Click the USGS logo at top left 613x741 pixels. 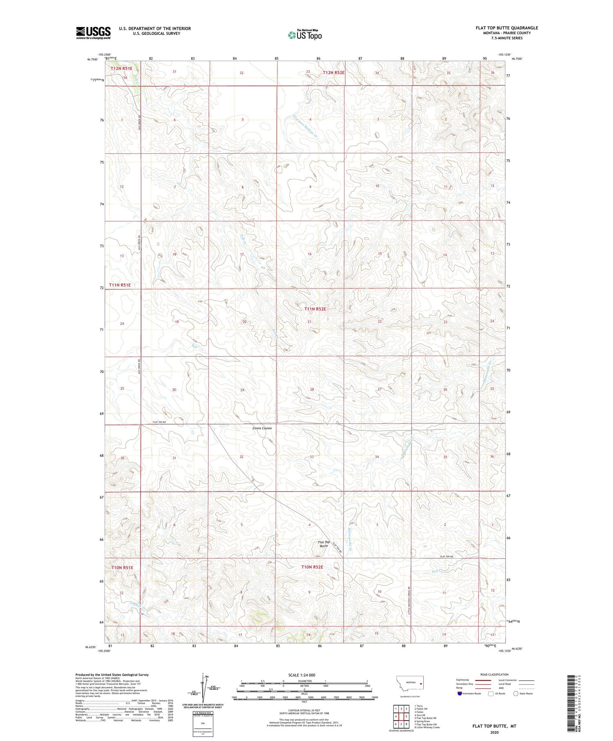point(93,33)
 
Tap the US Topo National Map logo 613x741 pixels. point(304,35)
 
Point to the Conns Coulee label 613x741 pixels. point(262,428)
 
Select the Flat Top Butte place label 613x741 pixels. point(324,544)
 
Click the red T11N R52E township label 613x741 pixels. point(315,309)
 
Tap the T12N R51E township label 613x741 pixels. point(121,69)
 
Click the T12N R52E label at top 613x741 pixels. point(334,72)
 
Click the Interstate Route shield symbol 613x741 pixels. point(460,693)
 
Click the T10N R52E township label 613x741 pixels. point(312,567)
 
